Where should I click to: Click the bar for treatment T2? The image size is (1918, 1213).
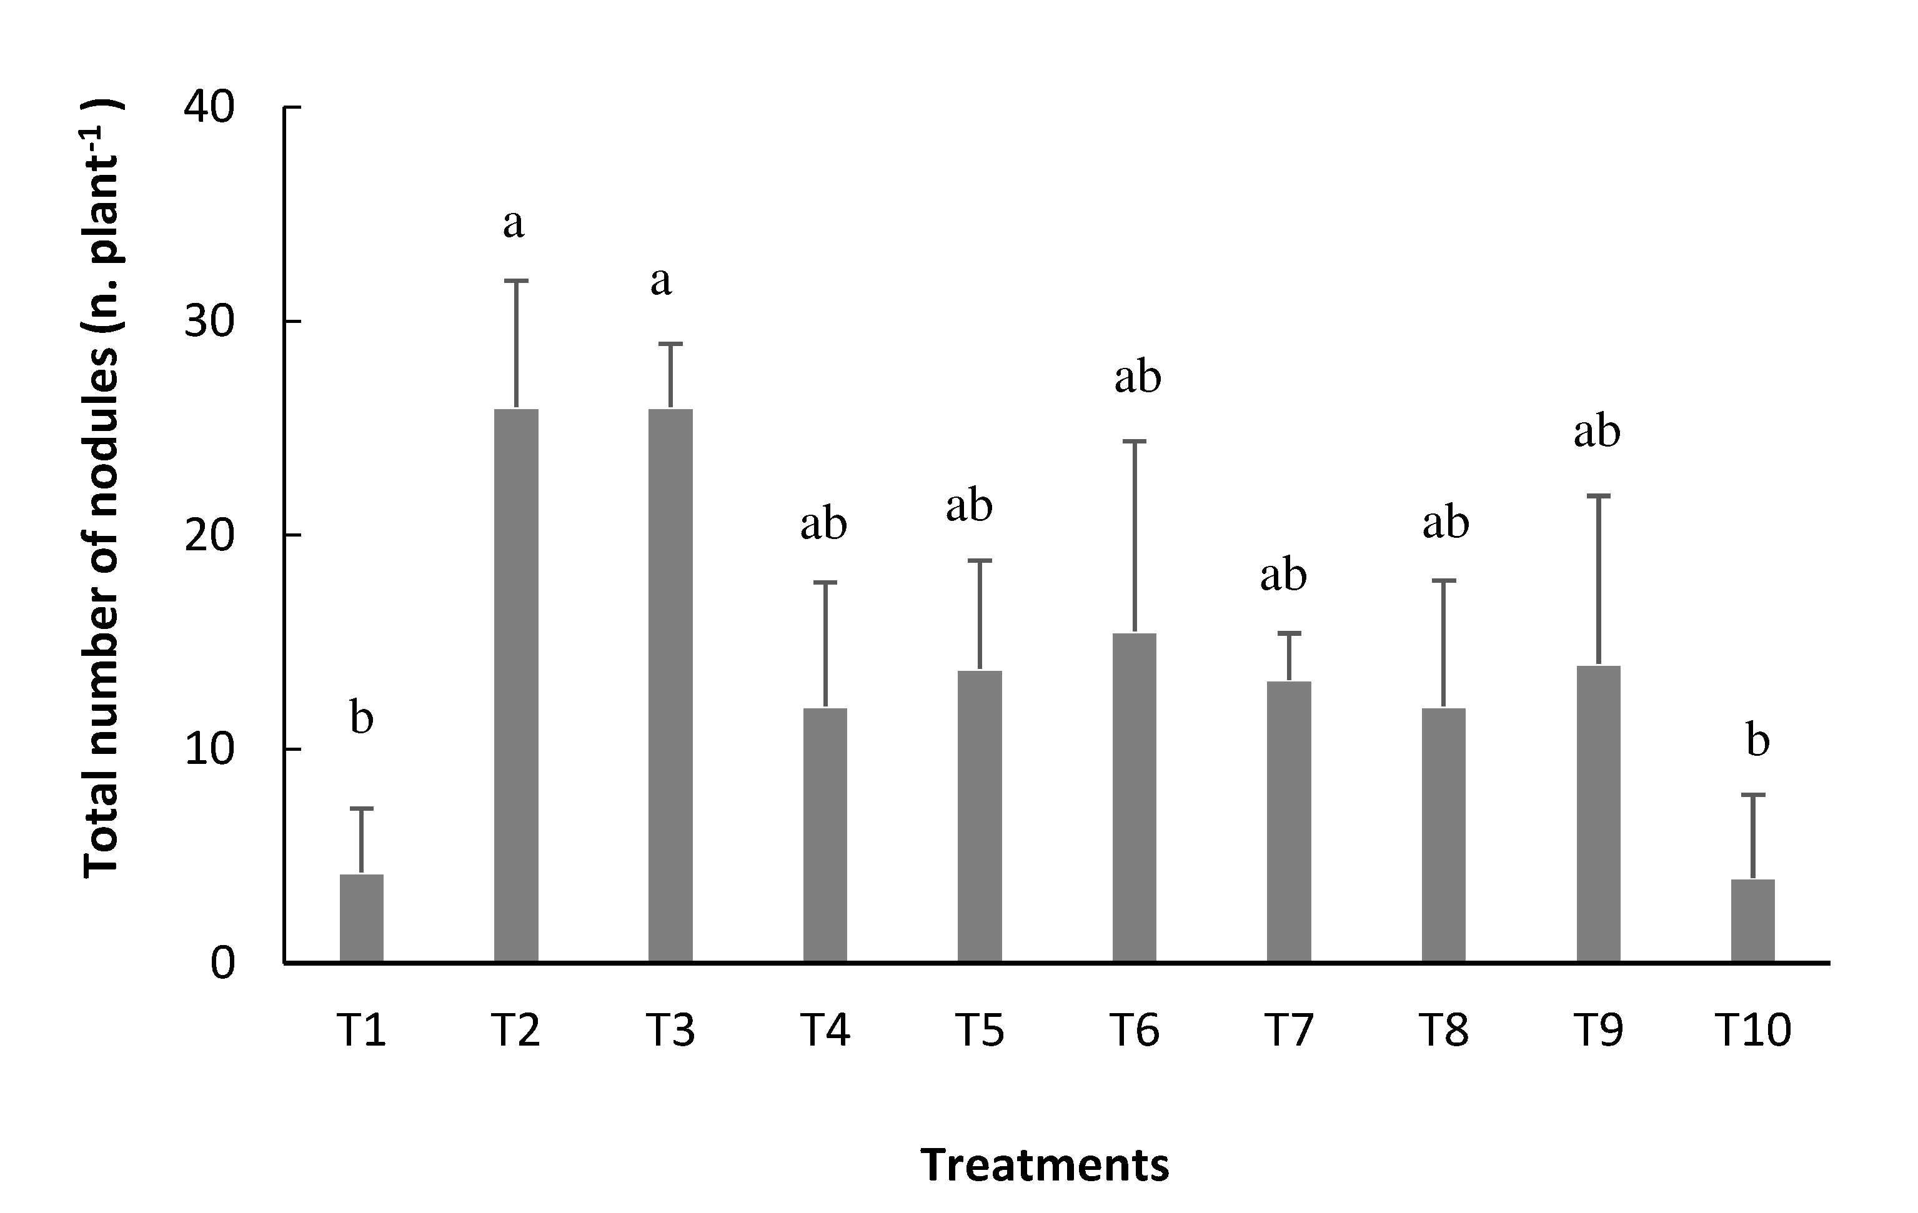515,685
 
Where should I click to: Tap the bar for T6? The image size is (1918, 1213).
1133,797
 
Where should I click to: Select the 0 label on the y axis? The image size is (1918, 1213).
223,964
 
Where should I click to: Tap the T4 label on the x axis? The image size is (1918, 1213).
825,1030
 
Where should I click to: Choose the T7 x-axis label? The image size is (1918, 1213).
1288,1030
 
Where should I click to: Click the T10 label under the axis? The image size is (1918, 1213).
1752,1030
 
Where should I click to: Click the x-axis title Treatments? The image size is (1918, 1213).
1044,1165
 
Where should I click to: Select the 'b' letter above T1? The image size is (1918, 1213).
362,718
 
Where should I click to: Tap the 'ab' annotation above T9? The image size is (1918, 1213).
1597,432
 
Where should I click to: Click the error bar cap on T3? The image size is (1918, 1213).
670,344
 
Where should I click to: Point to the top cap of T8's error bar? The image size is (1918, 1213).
1443,581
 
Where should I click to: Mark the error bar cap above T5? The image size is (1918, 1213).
980,561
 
